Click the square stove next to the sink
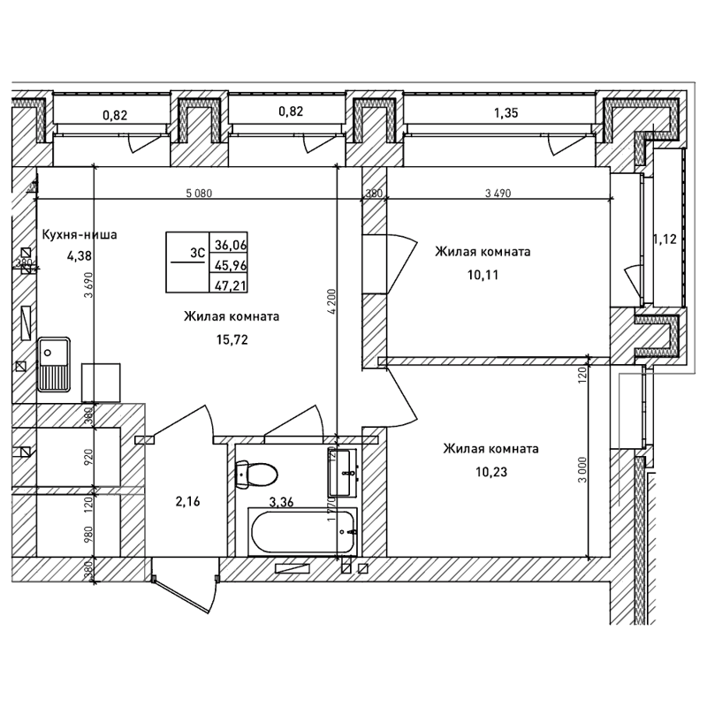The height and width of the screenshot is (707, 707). [x=99, y=382]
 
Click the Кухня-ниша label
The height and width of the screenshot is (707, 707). [x=80, y=235]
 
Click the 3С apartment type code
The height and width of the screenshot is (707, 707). [x=197, y=251]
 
